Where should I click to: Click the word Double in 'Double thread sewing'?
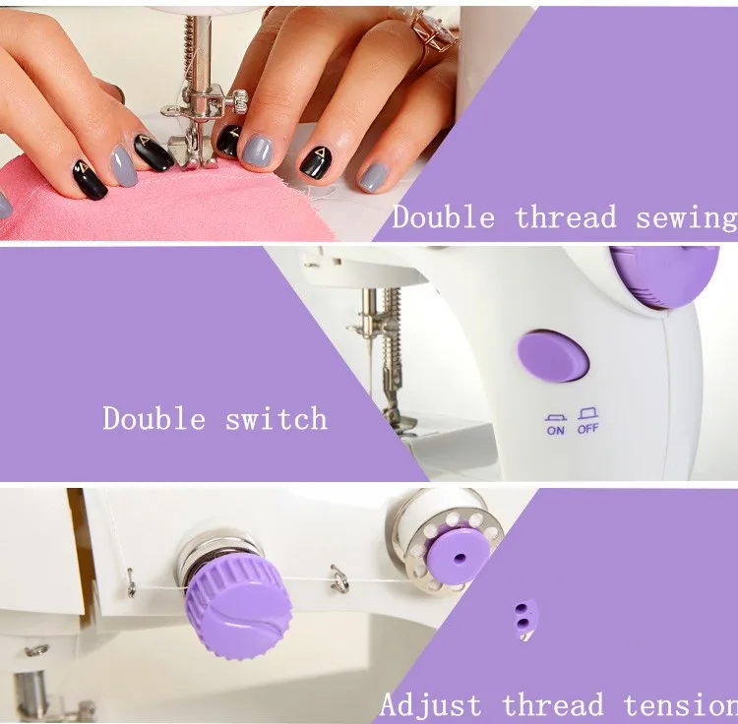click(444, 217)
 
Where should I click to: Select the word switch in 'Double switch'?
click(277, 418)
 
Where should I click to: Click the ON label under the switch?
click(555, 430)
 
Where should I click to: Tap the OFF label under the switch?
click(587, 429)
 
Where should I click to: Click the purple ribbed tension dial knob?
click(239, 605)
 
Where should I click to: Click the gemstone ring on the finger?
click(434, 31)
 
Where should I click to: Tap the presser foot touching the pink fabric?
click(192, 151)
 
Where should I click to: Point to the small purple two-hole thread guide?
click(524, 618)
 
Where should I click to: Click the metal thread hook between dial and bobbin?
click(339, 579)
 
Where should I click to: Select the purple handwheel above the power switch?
click(664, 276)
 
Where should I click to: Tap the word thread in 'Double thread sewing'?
click(565, 217)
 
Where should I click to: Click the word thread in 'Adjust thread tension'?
click(553, 705)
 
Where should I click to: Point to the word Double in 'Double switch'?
click(154, 418)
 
